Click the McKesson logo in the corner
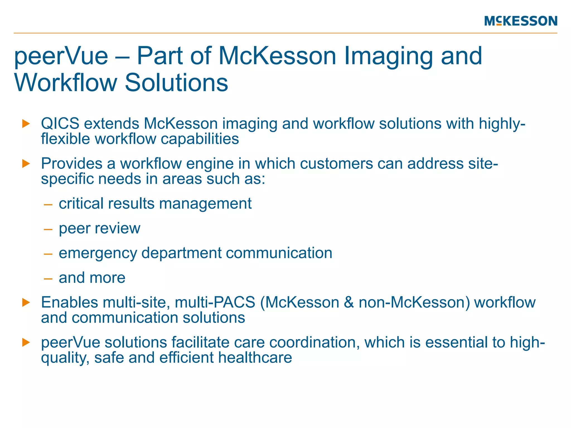(521, 21)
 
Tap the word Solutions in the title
(176, 82)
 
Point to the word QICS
(60, 123)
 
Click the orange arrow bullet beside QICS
(26, 123)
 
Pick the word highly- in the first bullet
(502, 123)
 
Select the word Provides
(72, 164)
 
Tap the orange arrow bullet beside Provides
(26, 164)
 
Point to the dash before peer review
(48, 229)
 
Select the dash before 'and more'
(48, 278)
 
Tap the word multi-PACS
(215, 302)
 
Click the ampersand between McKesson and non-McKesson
(349, 302)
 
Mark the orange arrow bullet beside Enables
(26, 302)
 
